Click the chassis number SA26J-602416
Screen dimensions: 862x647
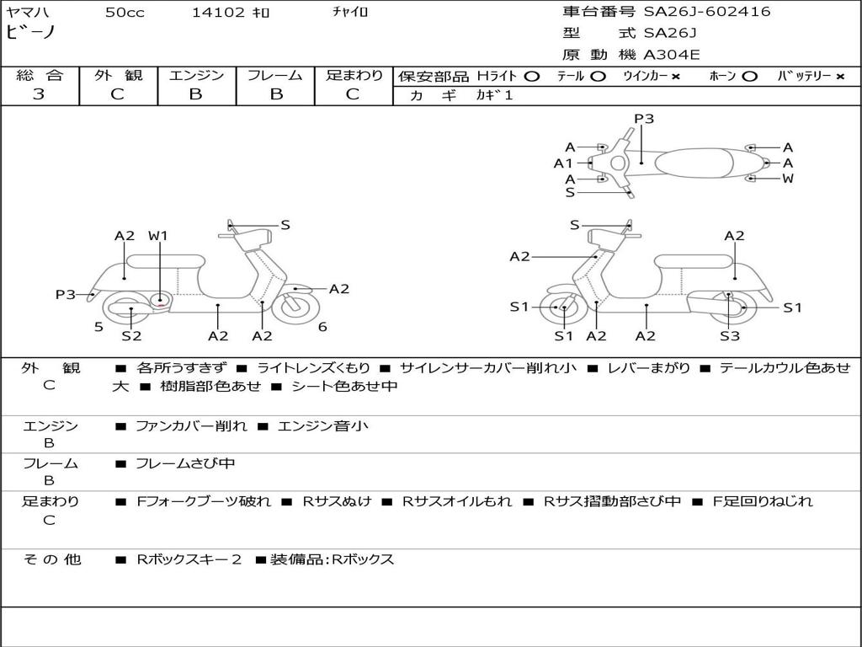click(707, 12)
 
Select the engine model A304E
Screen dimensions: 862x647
click(672, 55)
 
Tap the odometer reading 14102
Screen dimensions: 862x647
click(218, 13)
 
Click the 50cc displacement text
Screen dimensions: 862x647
click(125, 13)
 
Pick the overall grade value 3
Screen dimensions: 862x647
click(39, 94)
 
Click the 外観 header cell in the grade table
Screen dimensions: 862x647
click(118, 75)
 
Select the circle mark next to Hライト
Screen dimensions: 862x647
click(531, 77)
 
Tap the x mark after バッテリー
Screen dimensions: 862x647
click(840, 77)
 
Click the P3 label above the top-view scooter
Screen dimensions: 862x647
click(644, 119)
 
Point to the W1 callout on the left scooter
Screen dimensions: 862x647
click(157, 236)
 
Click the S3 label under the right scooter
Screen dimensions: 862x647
click(730, 336)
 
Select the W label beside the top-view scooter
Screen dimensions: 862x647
click(788, 179)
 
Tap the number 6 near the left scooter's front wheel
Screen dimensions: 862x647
click(322, 327)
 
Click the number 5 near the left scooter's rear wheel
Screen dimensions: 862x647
click(98, 328)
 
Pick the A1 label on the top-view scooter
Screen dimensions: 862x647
click(563, 163)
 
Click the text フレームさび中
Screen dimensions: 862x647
click(185, 464)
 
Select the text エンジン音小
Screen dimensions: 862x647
click(322, 426)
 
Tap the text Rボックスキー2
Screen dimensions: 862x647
click(189, 559)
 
